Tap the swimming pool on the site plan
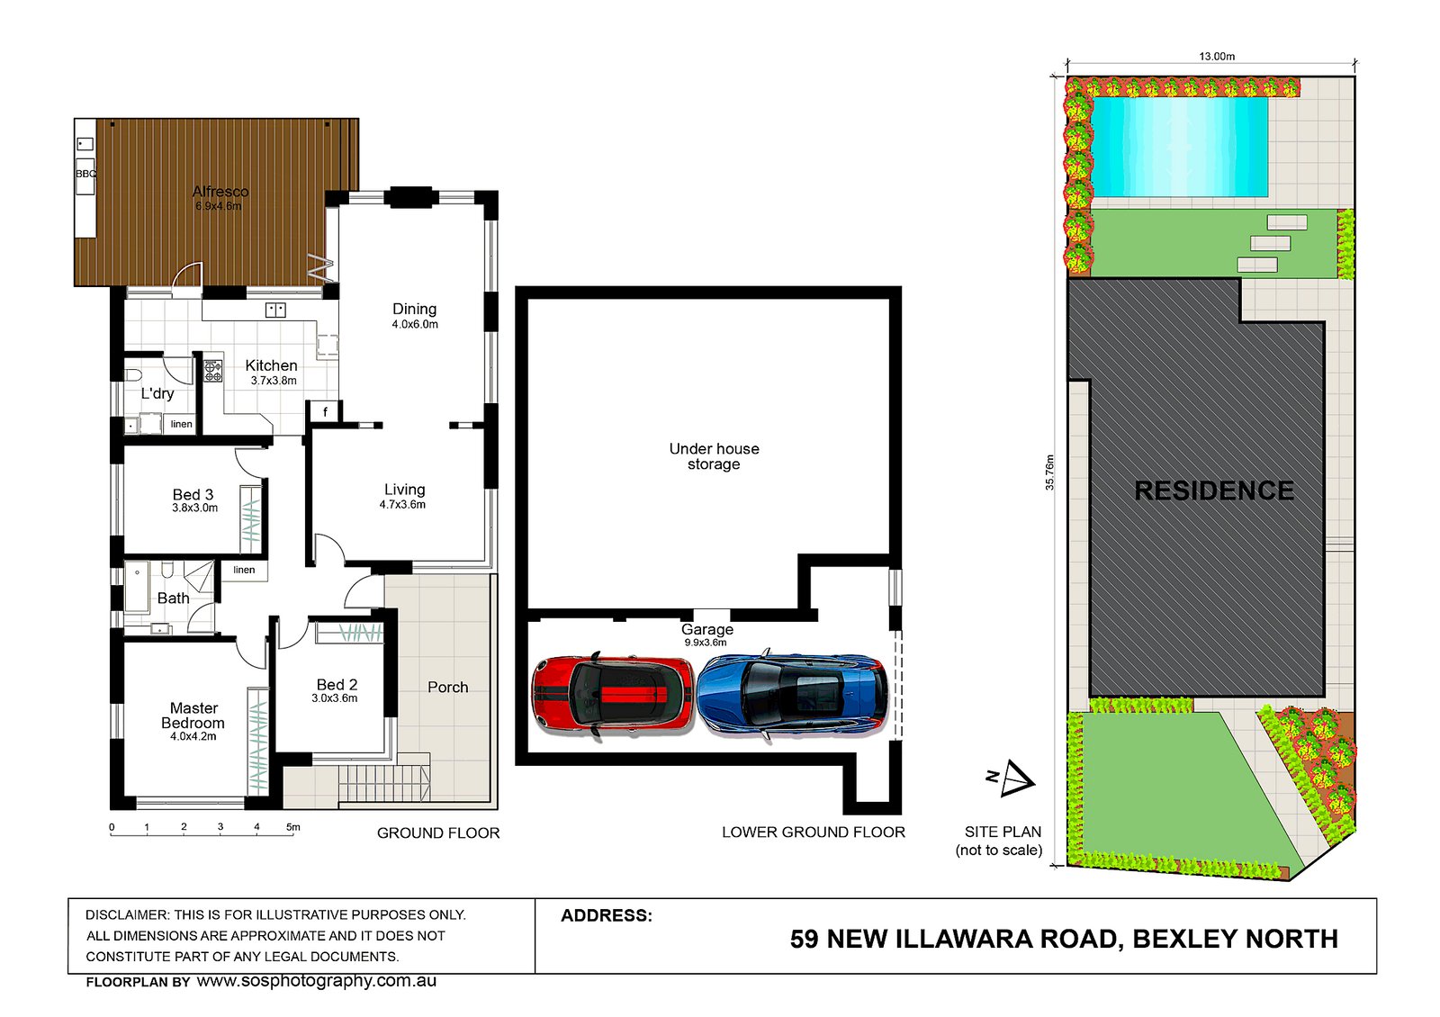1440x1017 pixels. click(1179, 147)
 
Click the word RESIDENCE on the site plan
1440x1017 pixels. click(1214, 490)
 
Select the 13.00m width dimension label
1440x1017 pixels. click(1216, 57)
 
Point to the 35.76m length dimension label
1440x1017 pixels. click(1049, 472)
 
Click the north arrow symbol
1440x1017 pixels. click(1014, 778)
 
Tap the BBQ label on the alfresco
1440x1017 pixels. click(85, 174)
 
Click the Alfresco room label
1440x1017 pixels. click(220, 192)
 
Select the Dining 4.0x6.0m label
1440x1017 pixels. click(414, 315)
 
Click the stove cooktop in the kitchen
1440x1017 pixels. click(212, 370)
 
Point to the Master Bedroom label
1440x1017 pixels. click(193, 715)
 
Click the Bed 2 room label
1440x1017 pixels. click(337, 685)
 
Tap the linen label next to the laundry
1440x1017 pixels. click(182, 424)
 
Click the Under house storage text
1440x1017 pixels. click(714, 456)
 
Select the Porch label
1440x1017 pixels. click(447, 688)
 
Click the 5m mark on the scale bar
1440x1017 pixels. click(293, 826)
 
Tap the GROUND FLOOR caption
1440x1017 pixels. click(437, 833)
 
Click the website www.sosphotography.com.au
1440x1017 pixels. click(317, 981)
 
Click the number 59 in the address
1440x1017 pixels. click(804, 939)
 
